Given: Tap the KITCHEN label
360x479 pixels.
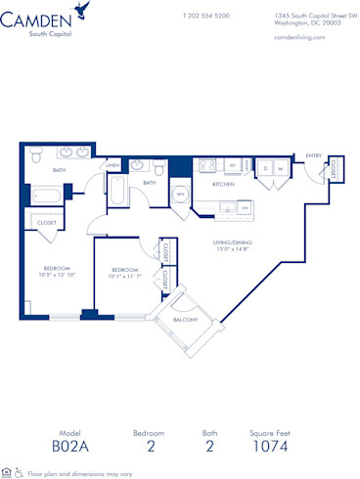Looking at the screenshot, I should [223, 184].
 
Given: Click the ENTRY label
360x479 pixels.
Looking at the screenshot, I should [313, 155].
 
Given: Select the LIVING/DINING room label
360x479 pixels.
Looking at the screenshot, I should [234, 245].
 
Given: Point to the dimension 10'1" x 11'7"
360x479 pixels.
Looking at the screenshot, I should [127, 276].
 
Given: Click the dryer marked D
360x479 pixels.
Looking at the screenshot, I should [265, 167].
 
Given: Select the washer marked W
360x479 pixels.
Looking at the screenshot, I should [280, 167].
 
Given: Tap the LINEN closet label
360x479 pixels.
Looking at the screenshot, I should [112, 165].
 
